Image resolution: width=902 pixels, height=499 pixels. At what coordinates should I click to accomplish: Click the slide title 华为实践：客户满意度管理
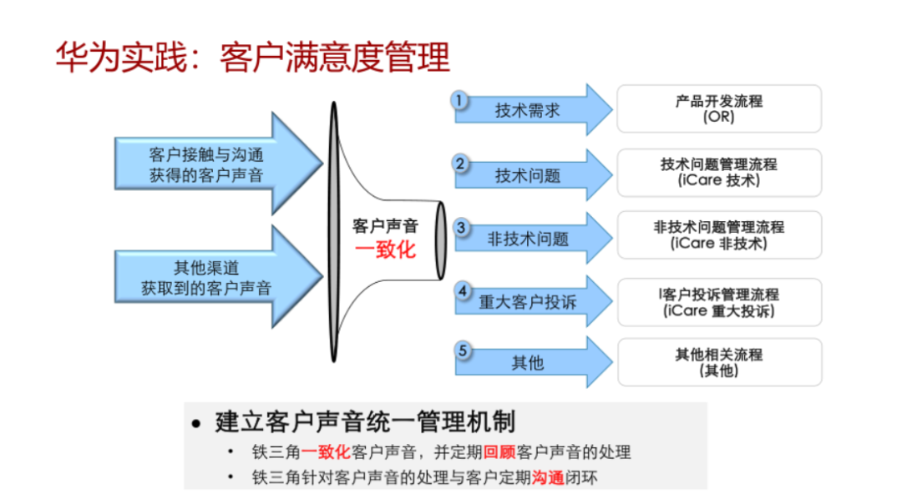point(252,58)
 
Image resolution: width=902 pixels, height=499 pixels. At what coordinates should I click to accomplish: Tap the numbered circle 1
point(459,101)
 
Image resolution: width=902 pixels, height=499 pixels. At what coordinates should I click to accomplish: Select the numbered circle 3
point(461,228)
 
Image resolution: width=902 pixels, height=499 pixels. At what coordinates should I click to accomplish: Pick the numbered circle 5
point(463,350)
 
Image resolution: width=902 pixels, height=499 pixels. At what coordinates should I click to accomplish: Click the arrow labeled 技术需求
point(533,110)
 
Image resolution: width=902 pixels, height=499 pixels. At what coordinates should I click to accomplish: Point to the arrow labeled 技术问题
point(533,174)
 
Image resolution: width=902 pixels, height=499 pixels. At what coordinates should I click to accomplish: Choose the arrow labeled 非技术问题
point(533,238)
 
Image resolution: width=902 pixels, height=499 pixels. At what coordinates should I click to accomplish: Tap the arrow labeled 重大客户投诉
point(533,301)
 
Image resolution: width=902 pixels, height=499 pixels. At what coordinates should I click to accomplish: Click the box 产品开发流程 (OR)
point(719,108)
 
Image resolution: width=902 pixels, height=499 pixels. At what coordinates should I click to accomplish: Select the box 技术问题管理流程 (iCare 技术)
point(719,173)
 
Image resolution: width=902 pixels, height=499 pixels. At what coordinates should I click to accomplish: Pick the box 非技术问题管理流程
point(719,235)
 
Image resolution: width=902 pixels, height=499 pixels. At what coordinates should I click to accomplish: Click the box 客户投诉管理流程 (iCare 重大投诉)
point(719,302)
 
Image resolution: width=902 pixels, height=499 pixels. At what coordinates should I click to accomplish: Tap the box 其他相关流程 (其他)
point(719,362)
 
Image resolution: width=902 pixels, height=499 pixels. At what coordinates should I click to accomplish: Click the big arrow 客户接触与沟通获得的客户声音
point(219,164)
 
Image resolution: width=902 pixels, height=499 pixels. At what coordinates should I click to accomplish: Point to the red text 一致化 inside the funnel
point(385,250)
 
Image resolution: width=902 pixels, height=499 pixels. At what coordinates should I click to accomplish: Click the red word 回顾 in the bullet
point(499,452)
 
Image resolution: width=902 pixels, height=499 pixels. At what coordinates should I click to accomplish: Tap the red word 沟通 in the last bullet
point(548,478)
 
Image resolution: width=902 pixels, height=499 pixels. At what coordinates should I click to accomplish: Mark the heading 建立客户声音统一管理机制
point(365,422)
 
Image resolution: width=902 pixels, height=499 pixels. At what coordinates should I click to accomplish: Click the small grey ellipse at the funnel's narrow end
point(441,240)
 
